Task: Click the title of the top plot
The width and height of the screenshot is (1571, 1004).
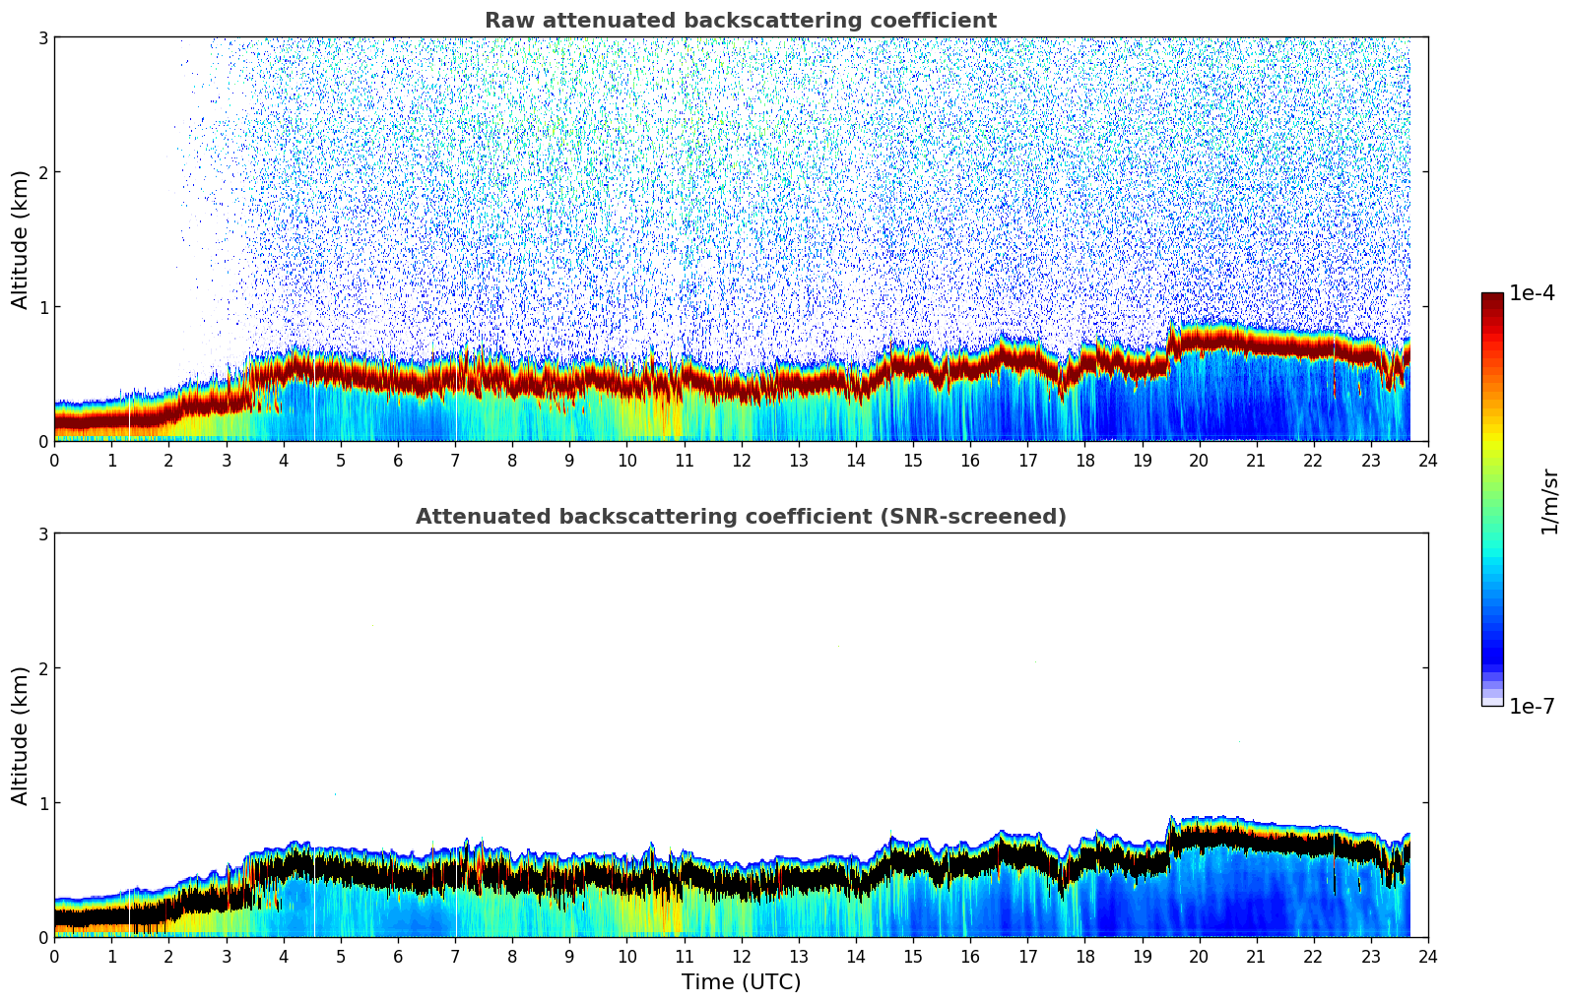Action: pyautogui.click(x=740, y=21)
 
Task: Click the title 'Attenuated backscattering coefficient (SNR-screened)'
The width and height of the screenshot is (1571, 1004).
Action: pyautogui.click(x=740, y=517)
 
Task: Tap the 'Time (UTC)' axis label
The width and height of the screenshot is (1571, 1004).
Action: pyautogui.click(x=741, y=982)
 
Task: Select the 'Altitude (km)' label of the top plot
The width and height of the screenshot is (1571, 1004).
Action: pyautogui.click(x=20, y=239)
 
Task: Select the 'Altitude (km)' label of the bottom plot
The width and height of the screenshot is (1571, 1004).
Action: pyautogui.click(x=20, y=735)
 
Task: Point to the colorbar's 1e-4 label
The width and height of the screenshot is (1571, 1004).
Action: pyautogui.click(x=1532, y=293)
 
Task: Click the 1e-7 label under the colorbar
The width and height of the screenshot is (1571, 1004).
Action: pyautogui.click(x=1532, y=706)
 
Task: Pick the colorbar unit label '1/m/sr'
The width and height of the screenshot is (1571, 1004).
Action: pyautogui.click(x=1549, y=501)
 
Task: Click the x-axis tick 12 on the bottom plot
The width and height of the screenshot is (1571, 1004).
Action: pyautogui.click(x=741, y=956)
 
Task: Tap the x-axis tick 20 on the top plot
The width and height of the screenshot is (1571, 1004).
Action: pyautogui.click(x=1199, y=460)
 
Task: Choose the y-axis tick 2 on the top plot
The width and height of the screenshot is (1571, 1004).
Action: pyautogui.click(x=42, y=172)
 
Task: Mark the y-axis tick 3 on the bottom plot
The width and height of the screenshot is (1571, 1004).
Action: pyautogui.click(x=42, y=533)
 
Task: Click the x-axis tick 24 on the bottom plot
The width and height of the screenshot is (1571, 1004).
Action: pyautogui.click(x=1428, y=956)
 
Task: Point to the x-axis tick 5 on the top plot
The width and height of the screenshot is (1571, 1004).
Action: pyautogui.click(x=341, y=460)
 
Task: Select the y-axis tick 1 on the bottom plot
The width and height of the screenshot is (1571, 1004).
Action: pyautogui.click(x=42, y=803)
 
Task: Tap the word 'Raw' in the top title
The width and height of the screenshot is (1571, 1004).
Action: pyautogui.click(x=503, y=21)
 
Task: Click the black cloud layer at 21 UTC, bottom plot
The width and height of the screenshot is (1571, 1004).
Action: pyautogui.click(x=1256, y=843)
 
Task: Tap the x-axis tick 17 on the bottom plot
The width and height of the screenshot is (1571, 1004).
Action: pyautogui.click(x=1027, y=956)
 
